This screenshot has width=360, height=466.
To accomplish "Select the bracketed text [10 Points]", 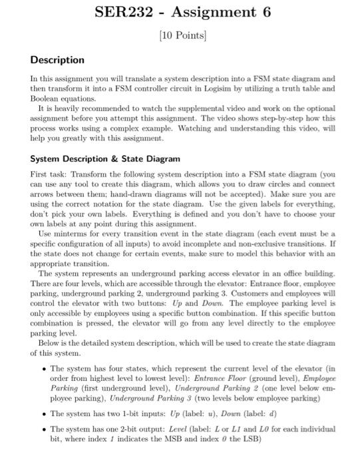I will [180, 35].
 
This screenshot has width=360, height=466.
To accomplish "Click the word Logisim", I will [216, 88].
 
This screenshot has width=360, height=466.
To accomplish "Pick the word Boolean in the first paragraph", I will [47, 97].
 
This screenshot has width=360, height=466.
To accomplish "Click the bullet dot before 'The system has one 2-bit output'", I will [44, 429].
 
